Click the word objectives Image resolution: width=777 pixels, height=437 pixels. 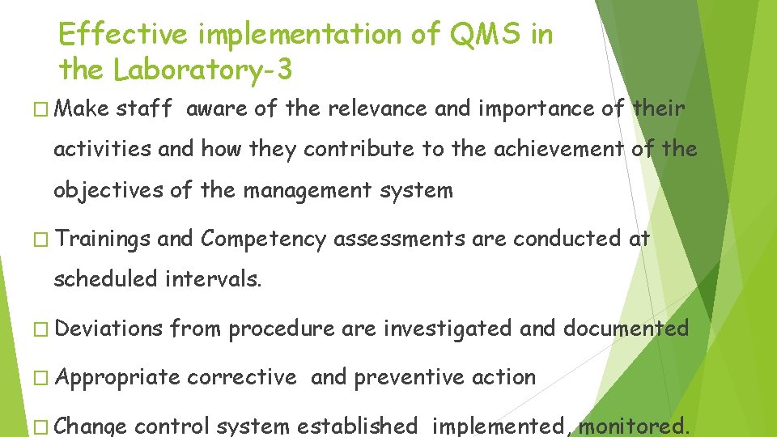pos(105,191)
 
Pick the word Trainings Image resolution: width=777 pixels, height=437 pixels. pos(104,239)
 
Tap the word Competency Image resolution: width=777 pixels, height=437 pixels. pos(263,239)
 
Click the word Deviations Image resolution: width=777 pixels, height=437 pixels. pos(110,328)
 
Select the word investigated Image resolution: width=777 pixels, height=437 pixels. pos(448,328)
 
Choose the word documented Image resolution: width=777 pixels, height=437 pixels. pos(626,328)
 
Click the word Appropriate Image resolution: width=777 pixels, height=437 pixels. pos(119,377)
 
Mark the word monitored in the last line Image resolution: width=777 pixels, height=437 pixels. pos(633,426)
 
